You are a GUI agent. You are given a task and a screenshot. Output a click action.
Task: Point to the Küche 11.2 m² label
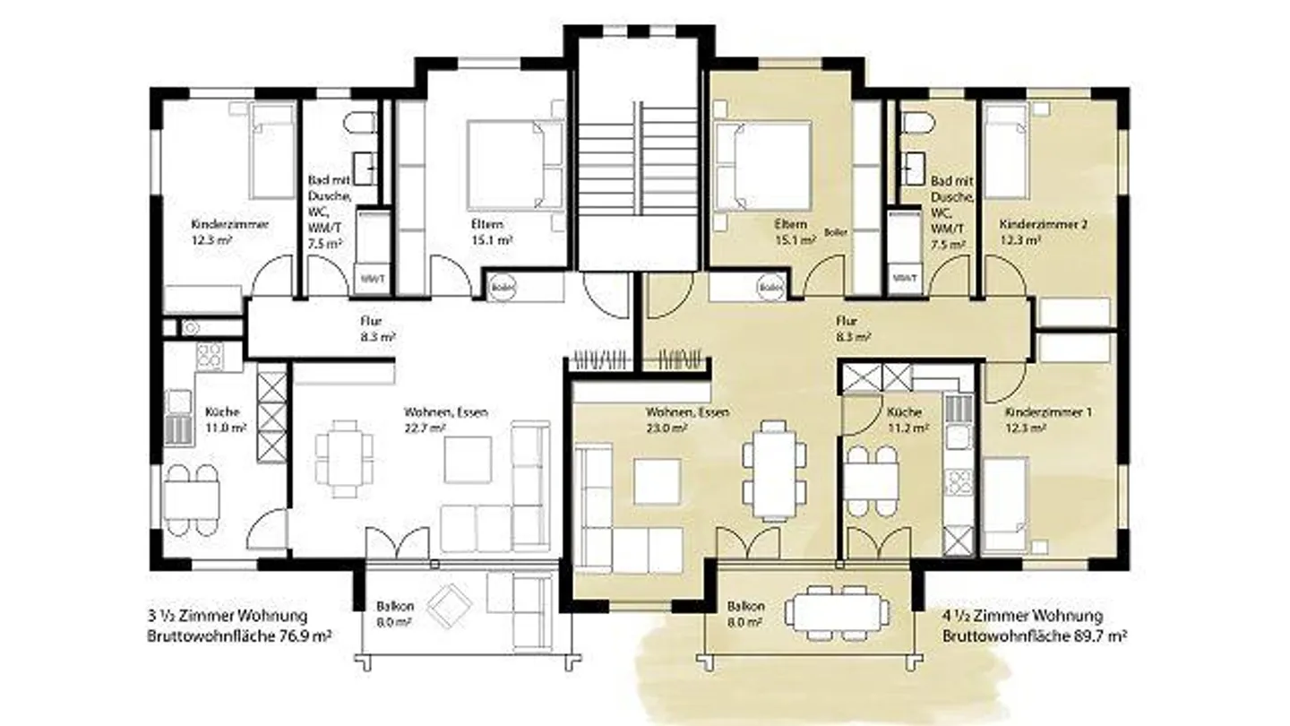pos(905,419)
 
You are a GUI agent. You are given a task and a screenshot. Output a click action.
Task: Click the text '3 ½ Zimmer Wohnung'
pos(227,616)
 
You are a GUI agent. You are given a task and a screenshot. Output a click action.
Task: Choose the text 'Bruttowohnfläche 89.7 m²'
pos(1034,635)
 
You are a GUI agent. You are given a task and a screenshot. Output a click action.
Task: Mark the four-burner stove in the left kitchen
pos(210,355)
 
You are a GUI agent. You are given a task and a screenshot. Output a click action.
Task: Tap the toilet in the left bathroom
pos(362,124)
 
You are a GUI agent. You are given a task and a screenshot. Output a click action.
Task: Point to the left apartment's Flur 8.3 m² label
pos(371,328)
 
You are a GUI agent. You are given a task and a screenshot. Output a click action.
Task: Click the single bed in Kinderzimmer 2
pos(1007,151)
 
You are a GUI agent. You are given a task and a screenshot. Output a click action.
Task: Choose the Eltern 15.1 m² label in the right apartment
pos(792,231)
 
